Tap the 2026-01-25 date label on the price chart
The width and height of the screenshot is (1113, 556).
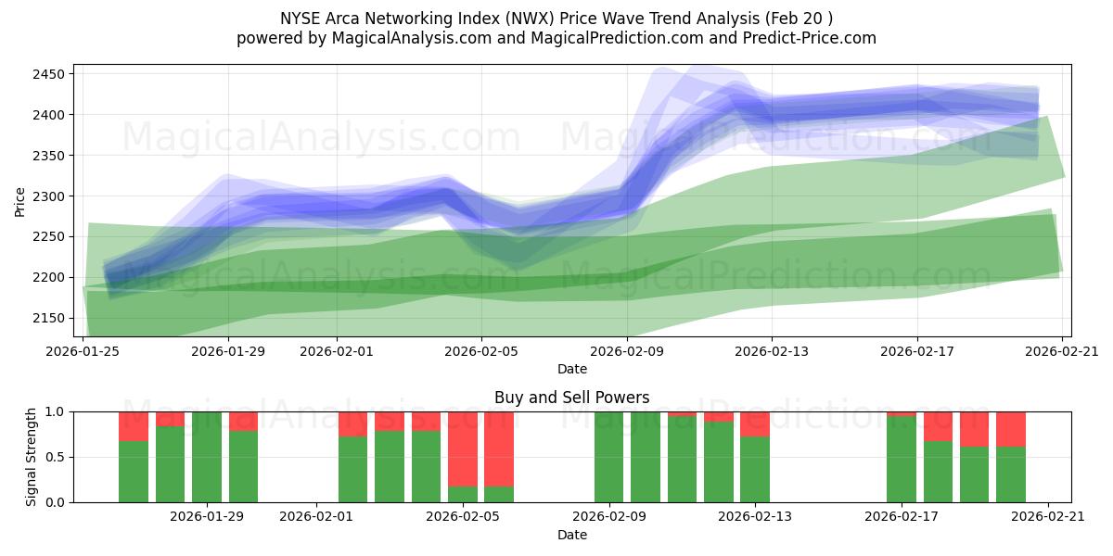83,350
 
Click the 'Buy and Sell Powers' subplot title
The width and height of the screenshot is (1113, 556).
571,398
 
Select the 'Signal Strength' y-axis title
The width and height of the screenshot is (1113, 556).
32,457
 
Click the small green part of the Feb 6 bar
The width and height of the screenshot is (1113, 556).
499,494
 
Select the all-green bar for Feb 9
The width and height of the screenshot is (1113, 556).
608,457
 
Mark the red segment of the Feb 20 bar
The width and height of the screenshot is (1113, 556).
1011,429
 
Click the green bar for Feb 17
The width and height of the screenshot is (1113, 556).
901,460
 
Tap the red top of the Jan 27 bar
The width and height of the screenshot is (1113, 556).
134,426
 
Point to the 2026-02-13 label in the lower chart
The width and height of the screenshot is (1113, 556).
755,516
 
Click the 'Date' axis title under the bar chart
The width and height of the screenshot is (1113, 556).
571,535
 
